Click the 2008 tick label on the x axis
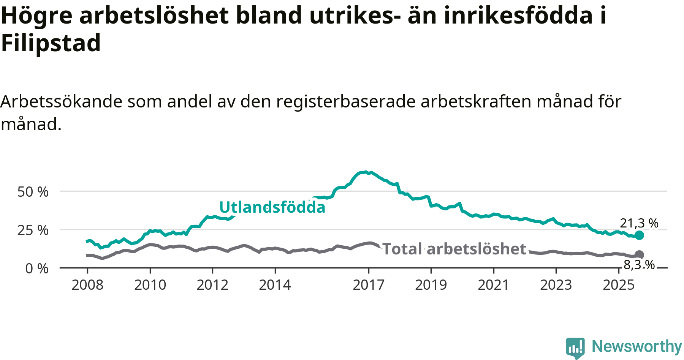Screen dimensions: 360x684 coord(87,285)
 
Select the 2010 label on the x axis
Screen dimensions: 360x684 coord(150,285)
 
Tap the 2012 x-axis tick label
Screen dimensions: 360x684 coord(212,285)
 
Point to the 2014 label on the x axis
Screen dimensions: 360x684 coord(275,285)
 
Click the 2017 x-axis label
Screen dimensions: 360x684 coord(369,285)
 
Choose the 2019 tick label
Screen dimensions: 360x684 coord(431,285)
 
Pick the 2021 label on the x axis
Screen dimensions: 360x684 coord(493,285)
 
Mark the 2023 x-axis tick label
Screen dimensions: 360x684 coord(556,285)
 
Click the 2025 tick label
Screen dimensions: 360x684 coord(619,285)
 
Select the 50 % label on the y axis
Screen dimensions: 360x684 coord(33,192)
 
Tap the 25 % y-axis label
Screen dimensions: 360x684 coord(33,230)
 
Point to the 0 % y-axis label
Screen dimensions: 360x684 coord(37,268)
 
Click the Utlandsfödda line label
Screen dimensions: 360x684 coord(272,207)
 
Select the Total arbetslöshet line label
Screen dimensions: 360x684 coord(454,249)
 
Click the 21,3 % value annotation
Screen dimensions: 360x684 coord(639,223)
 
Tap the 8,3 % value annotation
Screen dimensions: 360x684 coord(639,265)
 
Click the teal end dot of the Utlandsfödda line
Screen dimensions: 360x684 coord(640,235)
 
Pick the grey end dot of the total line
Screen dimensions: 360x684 coord(640,255)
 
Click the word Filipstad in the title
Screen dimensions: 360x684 coord(51,43)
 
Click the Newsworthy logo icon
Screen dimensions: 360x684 coord(575,347)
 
